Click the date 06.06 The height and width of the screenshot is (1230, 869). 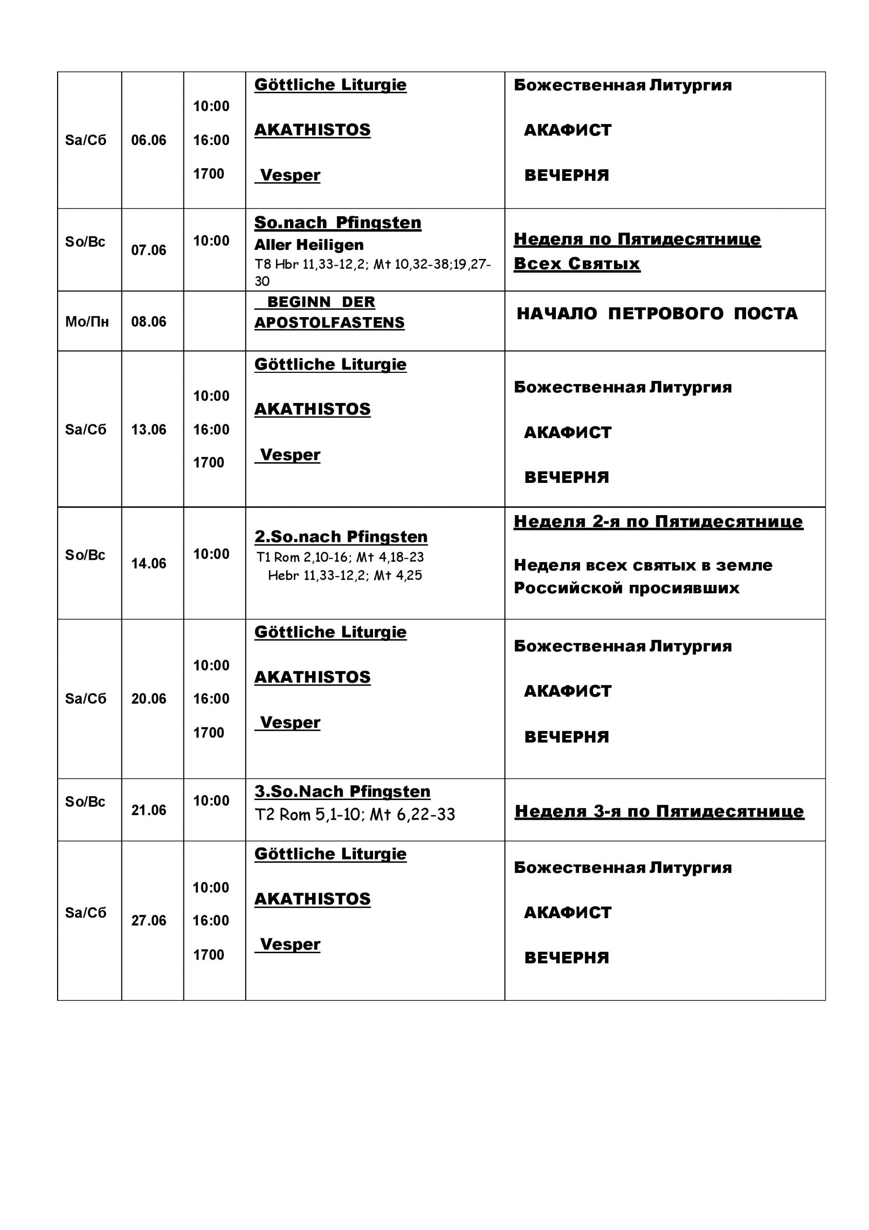pos(148,140)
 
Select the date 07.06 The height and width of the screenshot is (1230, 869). pos(148,250)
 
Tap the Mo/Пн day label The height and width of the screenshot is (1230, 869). pos(87,322)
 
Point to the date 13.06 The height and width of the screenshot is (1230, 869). pos(148,430)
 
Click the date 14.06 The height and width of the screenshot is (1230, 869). pos(148,564)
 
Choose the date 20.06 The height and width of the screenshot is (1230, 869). pos(148,699)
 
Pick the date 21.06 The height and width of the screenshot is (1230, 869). pos(148,810)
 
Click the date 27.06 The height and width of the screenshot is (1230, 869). pos(148,921)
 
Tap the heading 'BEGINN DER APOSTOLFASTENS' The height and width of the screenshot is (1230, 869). pos(329,312)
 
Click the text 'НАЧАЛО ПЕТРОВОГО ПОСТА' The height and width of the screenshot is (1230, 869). pos(656,313)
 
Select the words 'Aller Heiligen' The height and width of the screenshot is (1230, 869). pos(309,245)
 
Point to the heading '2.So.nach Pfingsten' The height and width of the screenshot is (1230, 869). pos(340,536)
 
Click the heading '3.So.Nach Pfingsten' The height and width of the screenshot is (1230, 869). pos(342,791)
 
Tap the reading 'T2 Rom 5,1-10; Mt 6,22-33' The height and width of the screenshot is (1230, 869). pos(354,815)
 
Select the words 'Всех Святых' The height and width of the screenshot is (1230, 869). pos(577,264)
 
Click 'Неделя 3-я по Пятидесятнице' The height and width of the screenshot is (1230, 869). pos(659,811)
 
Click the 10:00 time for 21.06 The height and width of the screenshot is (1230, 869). pos(211,801)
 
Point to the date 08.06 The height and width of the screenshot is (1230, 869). pos(148,322)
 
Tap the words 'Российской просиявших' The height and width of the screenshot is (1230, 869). pos(626,588)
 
